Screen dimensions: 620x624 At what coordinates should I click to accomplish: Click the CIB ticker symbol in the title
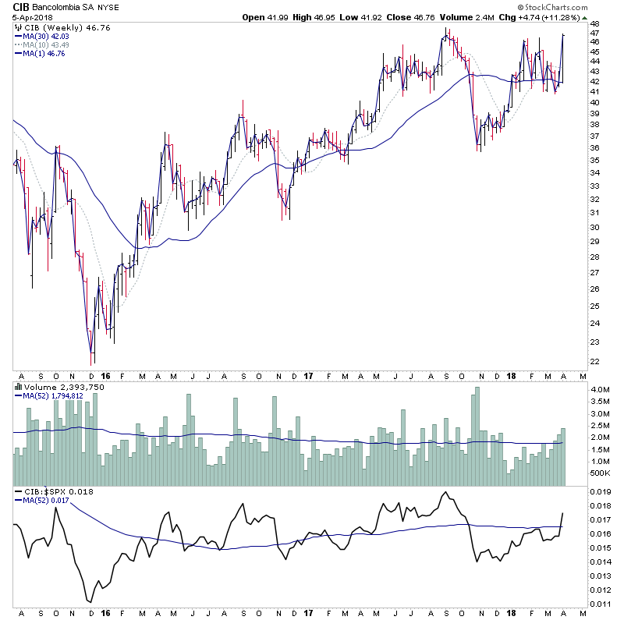click(12, 6)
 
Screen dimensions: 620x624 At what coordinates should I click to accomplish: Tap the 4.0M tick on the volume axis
click(600, 389)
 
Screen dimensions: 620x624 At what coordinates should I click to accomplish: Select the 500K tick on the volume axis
click(600, 473)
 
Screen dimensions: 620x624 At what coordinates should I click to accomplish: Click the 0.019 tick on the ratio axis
click(601, 491)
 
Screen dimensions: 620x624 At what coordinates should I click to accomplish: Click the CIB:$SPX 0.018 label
click(48, 491)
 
